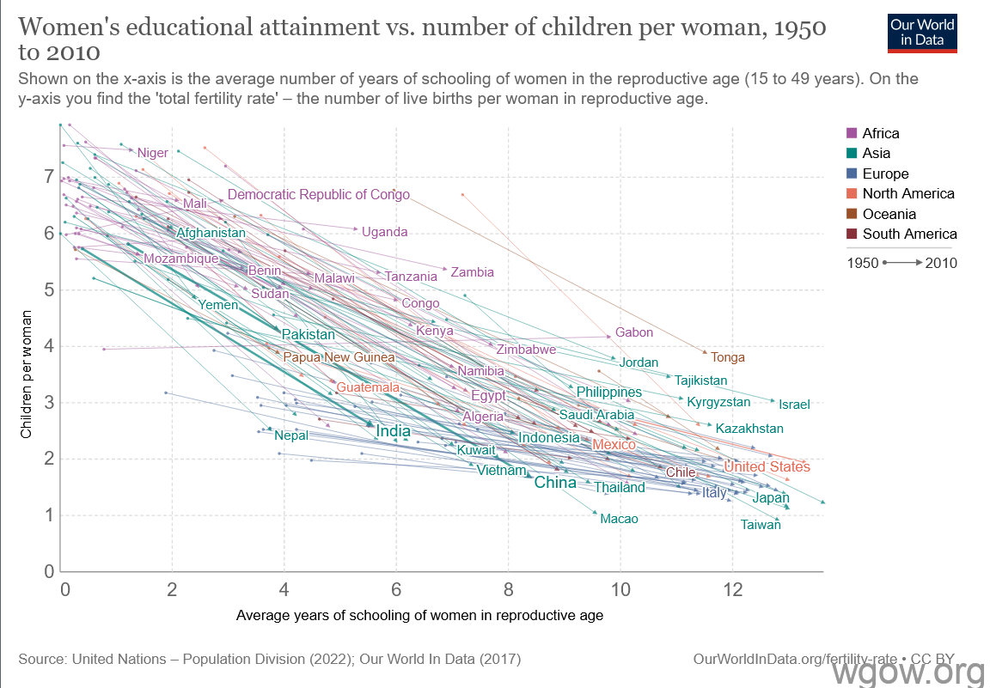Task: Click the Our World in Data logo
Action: coord(922,33)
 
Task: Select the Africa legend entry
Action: coord(880,133)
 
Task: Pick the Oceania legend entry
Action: coord(889,214)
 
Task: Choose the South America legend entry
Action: coord(909,234)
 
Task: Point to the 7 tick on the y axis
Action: coord(50,178)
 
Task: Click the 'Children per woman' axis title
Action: coord(27,374)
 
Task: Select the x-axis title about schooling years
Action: coord(419,615)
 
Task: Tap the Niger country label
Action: coord(152,153)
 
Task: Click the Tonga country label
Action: coord(728,357)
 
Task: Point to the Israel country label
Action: coord(794,404)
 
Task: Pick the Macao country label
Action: coord(619,519)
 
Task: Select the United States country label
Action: coord(766,466)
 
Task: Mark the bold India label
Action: coord(393,431)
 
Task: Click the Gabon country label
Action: coord(634,332)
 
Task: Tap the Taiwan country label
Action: coord(761,524)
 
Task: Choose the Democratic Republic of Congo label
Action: coord(318,194)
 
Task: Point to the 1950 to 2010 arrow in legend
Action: coord(901,263)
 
